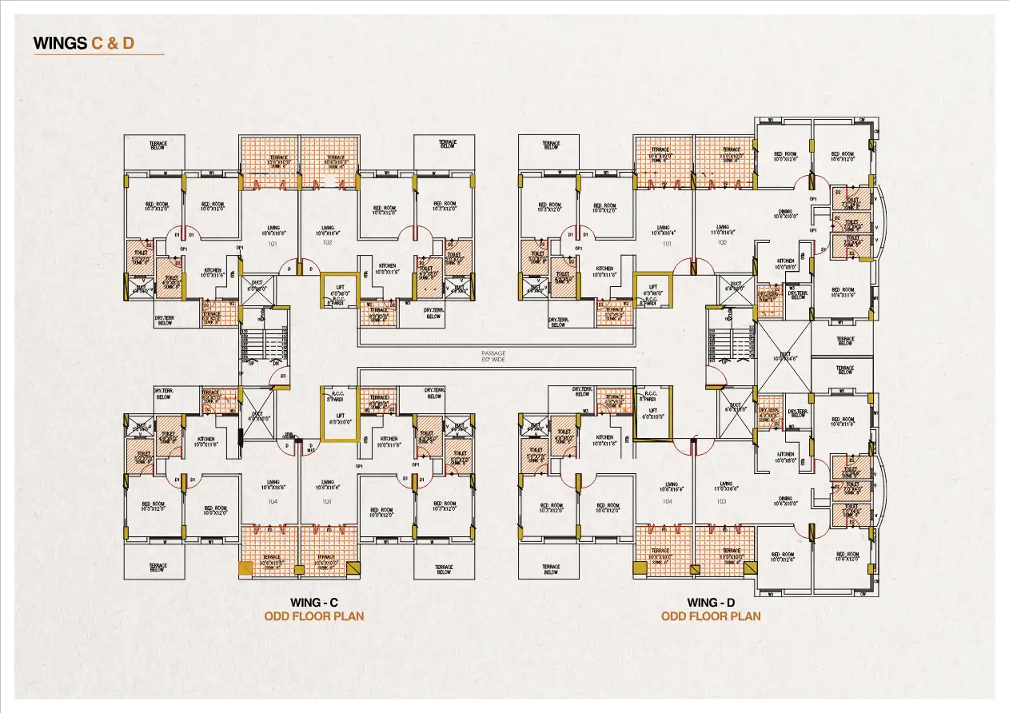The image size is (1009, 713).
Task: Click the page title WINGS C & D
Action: coord(84,43)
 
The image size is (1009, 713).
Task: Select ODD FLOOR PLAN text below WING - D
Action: coord(711,616)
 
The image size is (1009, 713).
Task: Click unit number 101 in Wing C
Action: coord(272,243)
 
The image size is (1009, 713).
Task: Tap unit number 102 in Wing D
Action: coord(722,242)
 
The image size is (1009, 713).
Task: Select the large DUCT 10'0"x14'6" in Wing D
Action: coord(784,356)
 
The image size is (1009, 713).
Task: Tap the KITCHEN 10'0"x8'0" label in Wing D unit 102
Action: coord(785,265)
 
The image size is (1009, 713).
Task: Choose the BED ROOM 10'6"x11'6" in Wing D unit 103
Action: coord(844,424)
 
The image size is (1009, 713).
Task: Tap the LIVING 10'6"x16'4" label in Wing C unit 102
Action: coord(326,231)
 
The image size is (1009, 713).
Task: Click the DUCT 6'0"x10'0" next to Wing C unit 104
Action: coord(257,415)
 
